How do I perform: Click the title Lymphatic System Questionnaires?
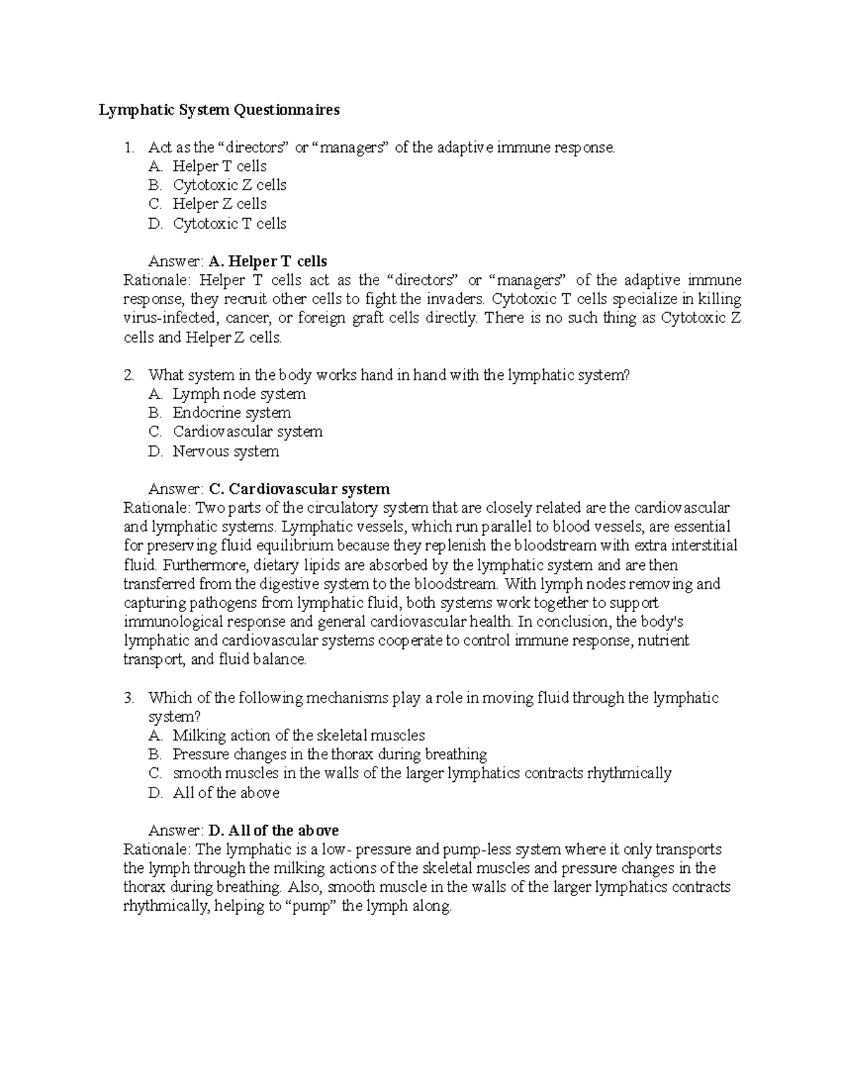coord(219,110)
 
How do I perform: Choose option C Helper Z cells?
coord(219,204)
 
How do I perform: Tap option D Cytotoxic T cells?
coord(229,224)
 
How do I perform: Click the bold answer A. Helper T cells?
coord(268,262)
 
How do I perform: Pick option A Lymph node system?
coord(239,394)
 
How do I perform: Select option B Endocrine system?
coord(231,413)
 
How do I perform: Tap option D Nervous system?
coord(226,452)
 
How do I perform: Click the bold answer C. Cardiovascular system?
coord(299,489)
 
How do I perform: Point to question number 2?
coord(128,375)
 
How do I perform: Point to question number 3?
coord(128,698)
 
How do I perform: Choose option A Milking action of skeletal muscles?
coord(299,736)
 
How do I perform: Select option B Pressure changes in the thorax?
coord(329,755)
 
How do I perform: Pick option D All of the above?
coord(226,793)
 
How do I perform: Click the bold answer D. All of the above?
coord(274,831)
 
